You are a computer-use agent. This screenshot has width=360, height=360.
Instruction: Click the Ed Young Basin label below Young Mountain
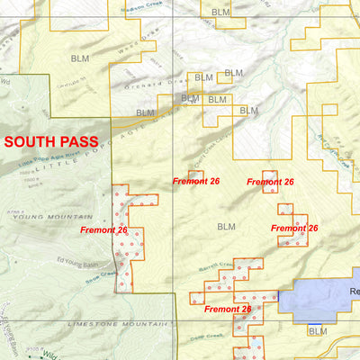coord(79,261)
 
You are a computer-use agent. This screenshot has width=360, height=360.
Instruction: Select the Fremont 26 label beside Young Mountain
coord(103,230)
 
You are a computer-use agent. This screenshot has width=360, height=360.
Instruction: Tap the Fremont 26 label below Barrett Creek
coord(228,309)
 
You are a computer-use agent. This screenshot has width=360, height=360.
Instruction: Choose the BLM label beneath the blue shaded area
coord(317,332)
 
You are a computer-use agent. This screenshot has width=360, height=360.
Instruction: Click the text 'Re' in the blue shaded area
coord(354,292)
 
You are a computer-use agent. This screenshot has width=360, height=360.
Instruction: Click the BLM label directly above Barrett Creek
coord(225,227)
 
